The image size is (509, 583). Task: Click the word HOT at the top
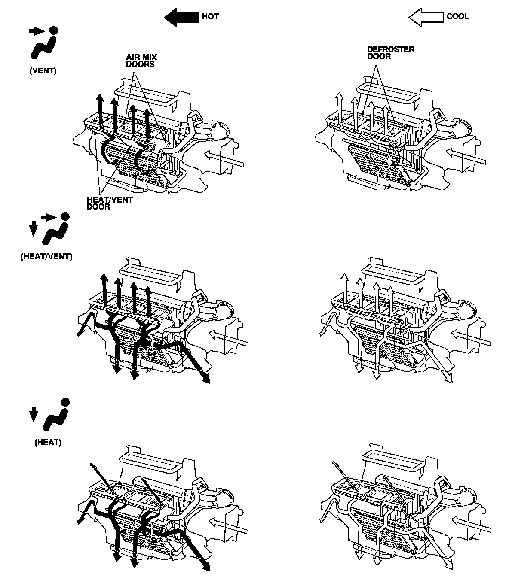210,17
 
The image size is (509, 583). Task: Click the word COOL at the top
458,17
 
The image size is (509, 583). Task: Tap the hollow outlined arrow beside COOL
426,17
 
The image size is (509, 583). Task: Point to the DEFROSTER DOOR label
390,53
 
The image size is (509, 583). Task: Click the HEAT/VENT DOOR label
110,203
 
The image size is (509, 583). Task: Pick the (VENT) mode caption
43,71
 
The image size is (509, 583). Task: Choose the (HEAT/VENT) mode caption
46,257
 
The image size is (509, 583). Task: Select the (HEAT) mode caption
48,442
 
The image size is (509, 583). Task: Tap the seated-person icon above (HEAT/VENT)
56,232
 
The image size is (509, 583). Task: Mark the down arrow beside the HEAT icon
34,414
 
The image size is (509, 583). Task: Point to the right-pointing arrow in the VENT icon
36,31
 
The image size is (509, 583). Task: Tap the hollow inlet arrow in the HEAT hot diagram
228,525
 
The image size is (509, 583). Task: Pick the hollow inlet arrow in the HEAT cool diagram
471,525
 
